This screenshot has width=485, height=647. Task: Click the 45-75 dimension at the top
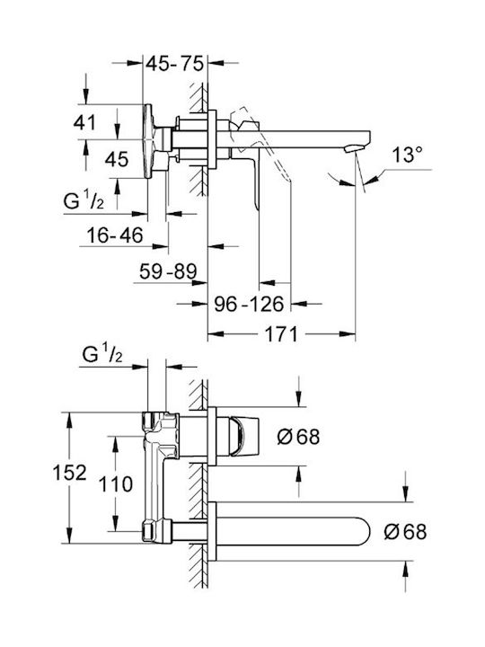(175, 64)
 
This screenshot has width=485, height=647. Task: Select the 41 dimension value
(85, 122)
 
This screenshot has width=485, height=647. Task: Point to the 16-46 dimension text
(115, 235)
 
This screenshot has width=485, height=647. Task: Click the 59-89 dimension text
(168, 271)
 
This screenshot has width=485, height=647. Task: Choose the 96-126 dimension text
(249, 305)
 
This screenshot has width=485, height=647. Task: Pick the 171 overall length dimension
(280, 333)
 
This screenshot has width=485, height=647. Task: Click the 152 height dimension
(70, 473)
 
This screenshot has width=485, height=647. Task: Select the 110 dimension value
(116, 484)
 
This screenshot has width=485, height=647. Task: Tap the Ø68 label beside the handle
(298, 437)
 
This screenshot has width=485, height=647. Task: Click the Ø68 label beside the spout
(405, 531)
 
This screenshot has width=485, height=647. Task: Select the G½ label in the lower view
(102, 354)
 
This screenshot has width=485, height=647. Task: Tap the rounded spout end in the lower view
(364, 531)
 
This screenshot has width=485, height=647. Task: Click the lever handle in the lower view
(243, 437)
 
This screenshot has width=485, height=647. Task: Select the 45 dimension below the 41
(117, 159)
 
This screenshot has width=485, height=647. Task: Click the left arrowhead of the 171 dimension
(216, 333)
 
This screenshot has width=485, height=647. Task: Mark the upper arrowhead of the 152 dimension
(70, 420)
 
